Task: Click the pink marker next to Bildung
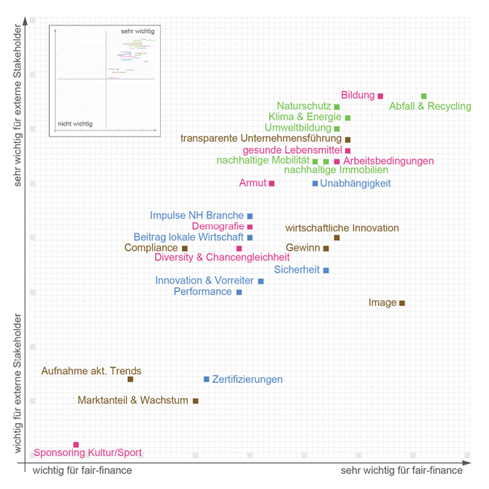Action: pos(380,96)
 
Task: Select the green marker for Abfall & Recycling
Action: pos(423,96)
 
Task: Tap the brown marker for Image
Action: pos(402,303)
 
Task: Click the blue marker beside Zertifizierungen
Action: pos(206,379)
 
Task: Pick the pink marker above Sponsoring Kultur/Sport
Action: pos(76,444)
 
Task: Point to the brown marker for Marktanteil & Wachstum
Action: pos(195,401)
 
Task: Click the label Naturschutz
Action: pos(303,106)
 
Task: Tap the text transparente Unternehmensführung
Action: pos(261,139)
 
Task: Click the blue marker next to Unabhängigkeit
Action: pos(315,183)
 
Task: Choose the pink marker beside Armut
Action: pos(271,183)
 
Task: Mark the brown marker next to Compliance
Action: pos(185,248)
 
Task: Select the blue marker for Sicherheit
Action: pos(326,270)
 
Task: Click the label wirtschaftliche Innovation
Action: pos(342,228)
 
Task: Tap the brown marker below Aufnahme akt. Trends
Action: pos(130,379)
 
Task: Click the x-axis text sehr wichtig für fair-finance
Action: pos(401,471)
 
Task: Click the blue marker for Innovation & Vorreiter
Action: pos(261,281)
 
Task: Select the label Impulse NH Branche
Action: pos(197,216)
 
